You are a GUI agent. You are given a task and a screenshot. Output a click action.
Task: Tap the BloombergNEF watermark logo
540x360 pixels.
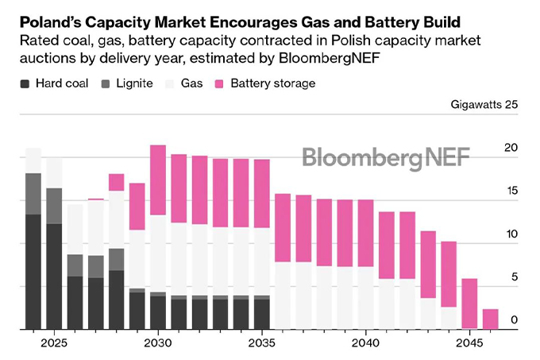(386, 157)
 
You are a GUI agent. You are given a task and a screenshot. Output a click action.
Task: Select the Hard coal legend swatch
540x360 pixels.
(25, 83)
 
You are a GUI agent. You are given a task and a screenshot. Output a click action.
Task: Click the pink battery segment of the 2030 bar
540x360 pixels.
(158, 180)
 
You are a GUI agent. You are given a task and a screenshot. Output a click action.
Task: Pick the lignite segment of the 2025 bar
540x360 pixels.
(54, 206)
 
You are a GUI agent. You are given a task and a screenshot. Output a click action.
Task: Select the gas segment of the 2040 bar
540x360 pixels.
(365, 297)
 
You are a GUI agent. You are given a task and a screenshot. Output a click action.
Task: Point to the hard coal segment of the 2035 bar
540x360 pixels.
(262, 313)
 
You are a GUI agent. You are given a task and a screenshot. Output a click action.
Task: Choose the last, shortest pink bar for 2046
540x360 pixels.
(491, 319)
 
